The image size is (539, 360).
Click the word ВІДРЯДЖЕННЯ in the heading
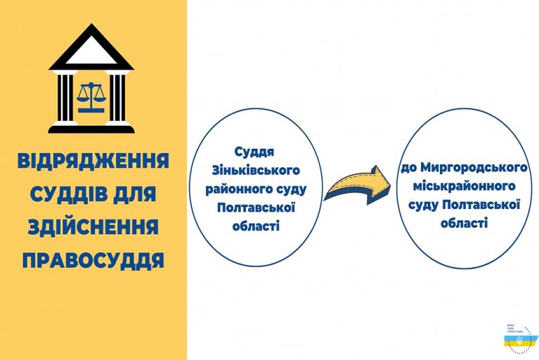[x=93, y=161]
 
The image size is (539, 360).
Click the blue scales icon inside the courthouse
[x=91, y=96]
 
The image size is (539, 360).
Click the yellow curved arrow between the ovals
[x=359, y=187]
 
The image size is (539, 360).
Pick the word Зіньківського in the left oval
[x=256, y=170]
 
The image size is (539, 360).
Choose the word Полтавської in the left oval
[x=256, y=207]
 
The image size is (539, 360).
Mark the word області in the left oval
[x=256, y=226]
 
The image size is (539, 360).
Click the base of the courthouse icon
[x=91, y=128]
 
